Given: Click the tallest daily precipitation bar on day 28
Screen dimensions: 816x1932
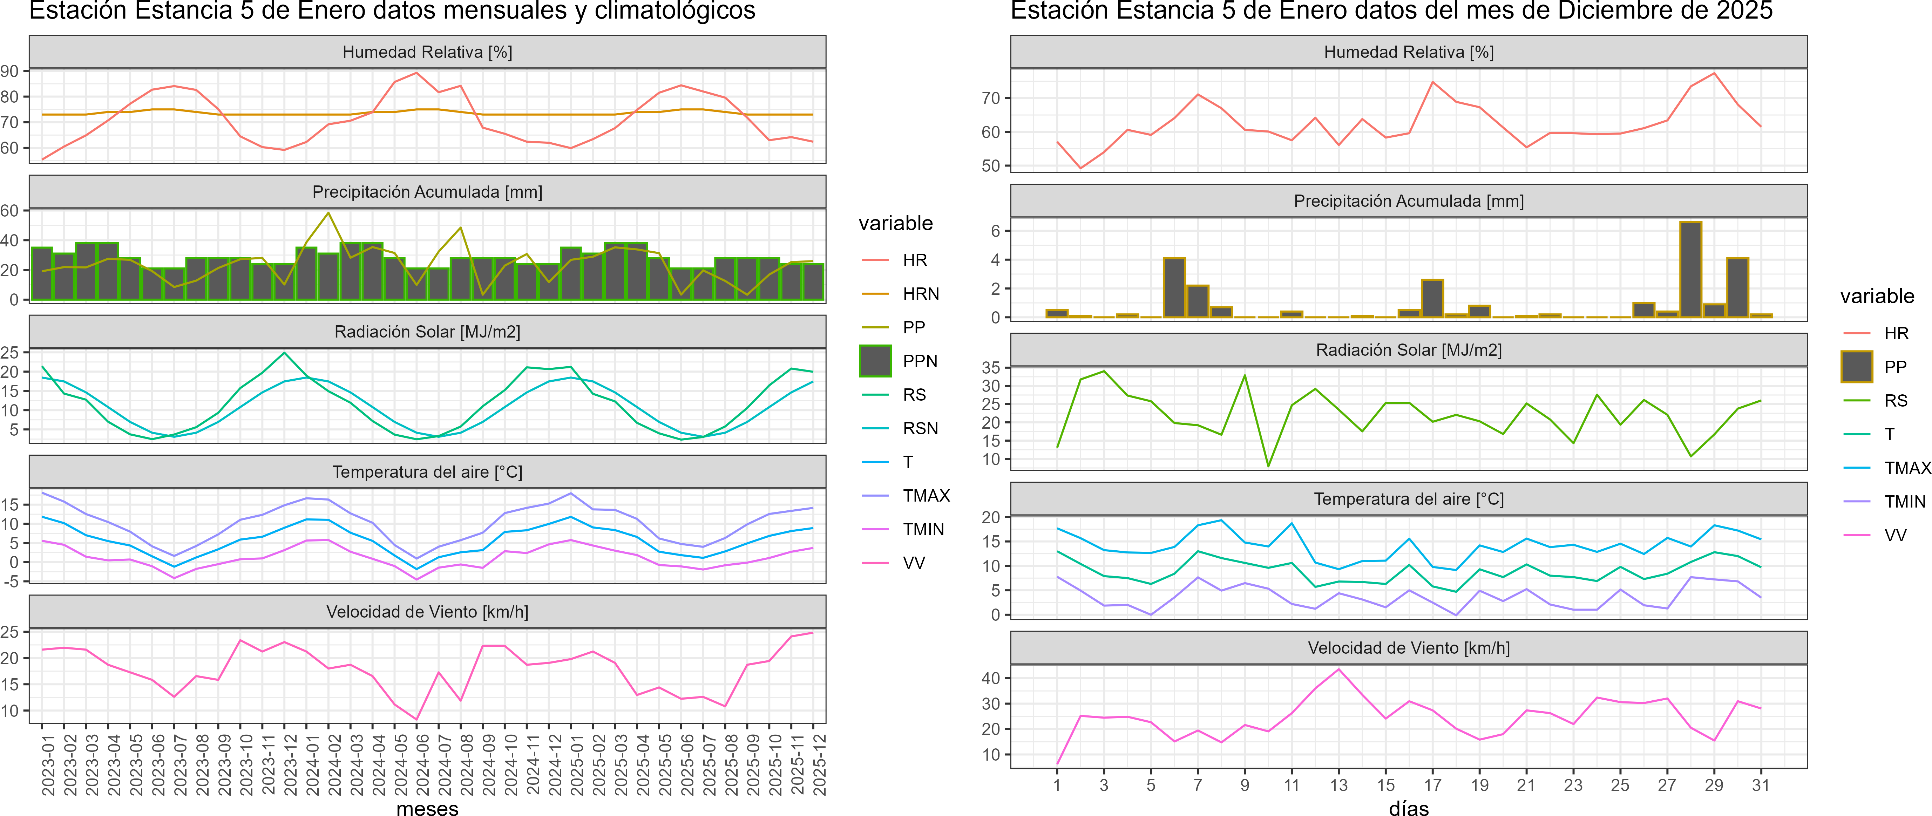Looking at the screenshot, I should [1690, 270].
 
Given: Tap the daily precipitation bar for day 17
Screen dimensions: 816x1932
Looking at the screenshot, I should [1432, 299].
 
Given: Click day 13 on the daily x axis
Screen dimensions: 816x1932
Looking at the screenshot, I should [1339, 785].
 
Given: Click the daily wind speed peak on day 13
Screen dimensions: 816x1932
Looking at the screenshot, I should [1339, 669].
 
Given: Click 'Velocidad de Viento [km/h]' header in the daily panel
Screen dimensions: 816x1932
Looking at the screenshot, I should [1409, 648].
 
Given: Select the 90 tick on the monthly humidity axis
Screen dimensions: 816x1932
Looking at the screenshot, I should [10, 71].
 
